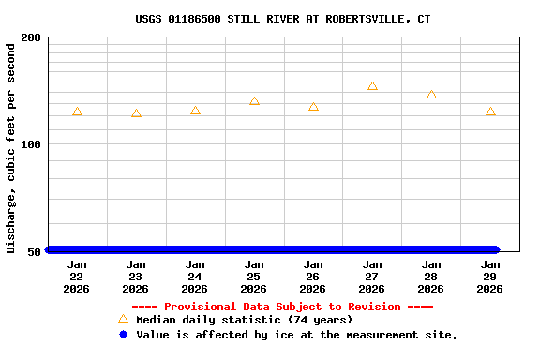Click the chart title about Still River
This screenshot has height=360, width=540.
[x=283, y=19]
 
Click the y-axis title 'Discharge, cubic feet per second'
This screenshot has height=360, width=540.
[x=11, y=148]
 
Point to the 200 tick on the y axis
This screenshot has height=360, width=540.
[x=31, y=37]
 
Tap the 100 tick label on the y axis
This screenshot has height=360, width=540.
[x=31, y=144]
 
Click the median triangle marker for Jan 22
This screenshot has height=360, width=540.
[x=77, y=112]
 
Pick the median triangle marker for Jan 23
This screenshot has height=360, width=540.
[x=136, y=113]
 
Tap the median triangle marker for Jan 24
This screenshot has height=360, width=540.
[x=195, y=111]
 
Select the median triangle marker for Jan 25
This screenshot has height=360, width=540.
[x=254, y=100]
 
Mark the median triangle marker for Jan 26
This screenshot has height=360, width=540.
[x=313, y=107]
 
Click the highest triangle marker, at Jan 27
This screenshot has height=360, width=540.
[x=372, y=85]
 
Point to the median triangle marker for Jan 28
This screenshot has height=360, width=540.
[x=431, y=94]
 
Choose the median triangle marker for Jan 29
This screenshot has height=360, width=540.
[x=490, y=112]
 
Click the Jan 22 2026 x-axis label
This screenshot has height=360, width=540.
[x=77, y=277]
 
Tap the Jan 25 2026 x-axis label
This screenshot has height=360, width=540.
[x=254, y=277]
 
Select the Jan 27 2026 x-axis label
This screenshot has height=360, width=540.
[x=372, y=277]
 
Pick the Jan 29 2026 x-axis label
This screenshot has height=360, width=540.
[x=490, y=277]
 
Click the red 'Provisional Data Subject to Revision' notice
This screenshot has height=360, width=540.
[x=282, y=307]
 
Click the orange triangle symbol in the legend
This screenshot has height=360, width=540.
[x=123, y=319]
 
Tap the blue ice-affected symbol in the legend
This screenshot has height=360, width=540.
[x=123, y=334]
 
